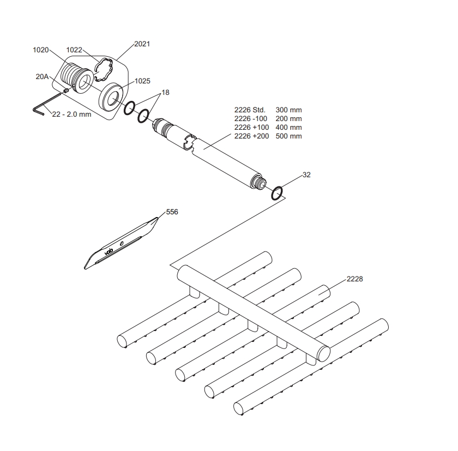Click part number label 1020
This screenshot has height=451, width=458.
coord(40,50)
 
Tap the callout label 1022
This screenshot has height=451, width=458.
coord(74,50)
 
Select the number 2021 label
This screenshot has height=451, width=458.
coord(142,44)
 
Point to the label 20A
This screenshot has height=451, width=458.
coord(42,76)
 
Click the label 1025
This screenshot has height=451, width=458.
coord(142,81)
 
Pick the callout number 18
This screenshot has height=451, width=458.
coord(165,93)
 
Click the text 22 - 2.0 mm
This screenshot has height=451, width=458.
coord(71,114)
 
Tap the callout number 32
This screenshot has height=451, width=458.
coord(306,175)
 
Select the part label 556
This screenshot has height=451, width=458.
coord(172,212)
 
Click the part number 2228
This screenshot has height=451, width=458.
coord(354,279)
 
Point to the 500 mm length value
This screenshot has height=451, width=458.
coord(288,136)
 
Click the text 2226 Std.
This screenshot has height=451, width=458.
coord(250,110)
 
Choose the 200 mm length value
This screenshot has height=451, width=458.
coord(288,118)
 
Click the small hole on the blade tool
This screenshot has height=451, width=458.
coord(122,243)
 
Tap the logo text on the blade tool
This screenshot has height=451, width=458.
coord(109,251)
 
